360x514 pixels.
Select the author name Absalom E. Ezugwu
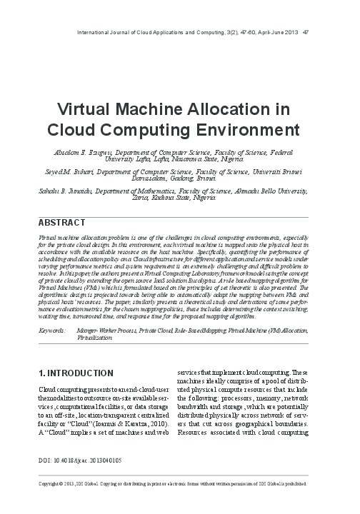(x=79, y=153)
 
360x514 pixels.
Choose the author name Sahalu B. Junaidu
(x=70, y=191)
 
